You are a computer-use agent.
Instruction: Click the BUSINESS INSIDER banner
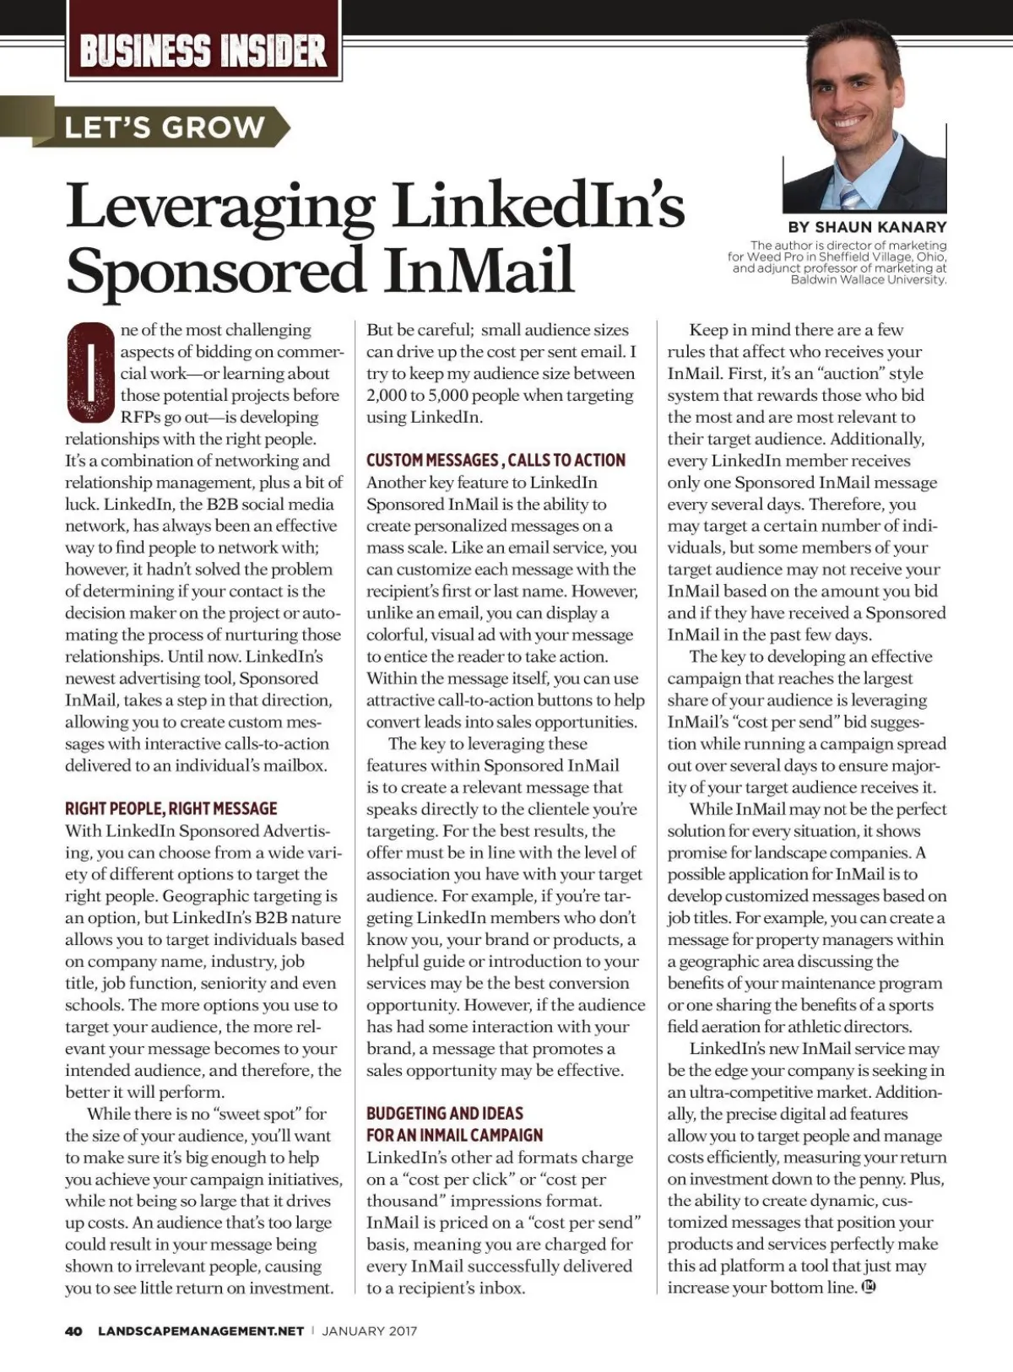(x=203, y=51)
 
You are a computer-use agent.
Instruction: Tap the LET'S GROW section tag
(x=165, y=127)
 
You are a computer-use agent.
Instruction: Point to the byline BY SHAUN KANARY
(x=867, y=227)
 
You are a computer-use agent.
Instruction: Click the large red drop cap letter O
(x=89, y=372)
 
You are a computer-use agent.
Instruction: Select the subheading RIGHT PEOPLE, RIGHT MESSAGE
(x=171, y=808)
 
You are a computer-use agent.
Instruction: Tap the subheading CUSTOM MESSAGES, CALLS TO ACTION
(x=496, y=460)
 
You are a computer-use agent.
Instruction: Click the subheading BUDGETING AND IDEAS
(x=445, y=1113)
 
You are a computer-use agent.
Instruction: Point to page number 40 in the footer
(x=73, y=1331)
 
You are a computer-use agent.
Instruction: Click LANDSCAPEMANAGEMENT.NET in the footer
(x=201, y=1331)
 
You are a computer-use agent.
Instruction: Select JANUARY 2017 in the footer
(x=370, y=1331)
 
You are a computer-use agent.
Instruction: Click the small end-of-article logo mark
(x=868, y=1288)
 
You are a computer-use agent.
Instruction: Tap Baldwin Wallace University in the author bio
(x=868, y=279)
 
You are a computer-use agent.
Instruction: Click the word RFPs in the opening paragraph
(x=142, y=417)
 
